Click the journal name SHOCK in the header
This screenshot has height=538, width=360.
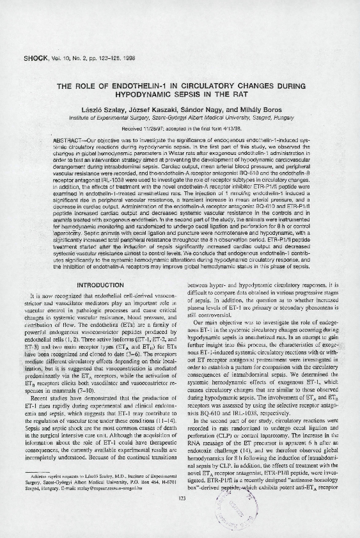(36, 58)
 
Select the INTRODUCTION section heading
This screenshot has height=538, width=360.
(100, 285)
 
